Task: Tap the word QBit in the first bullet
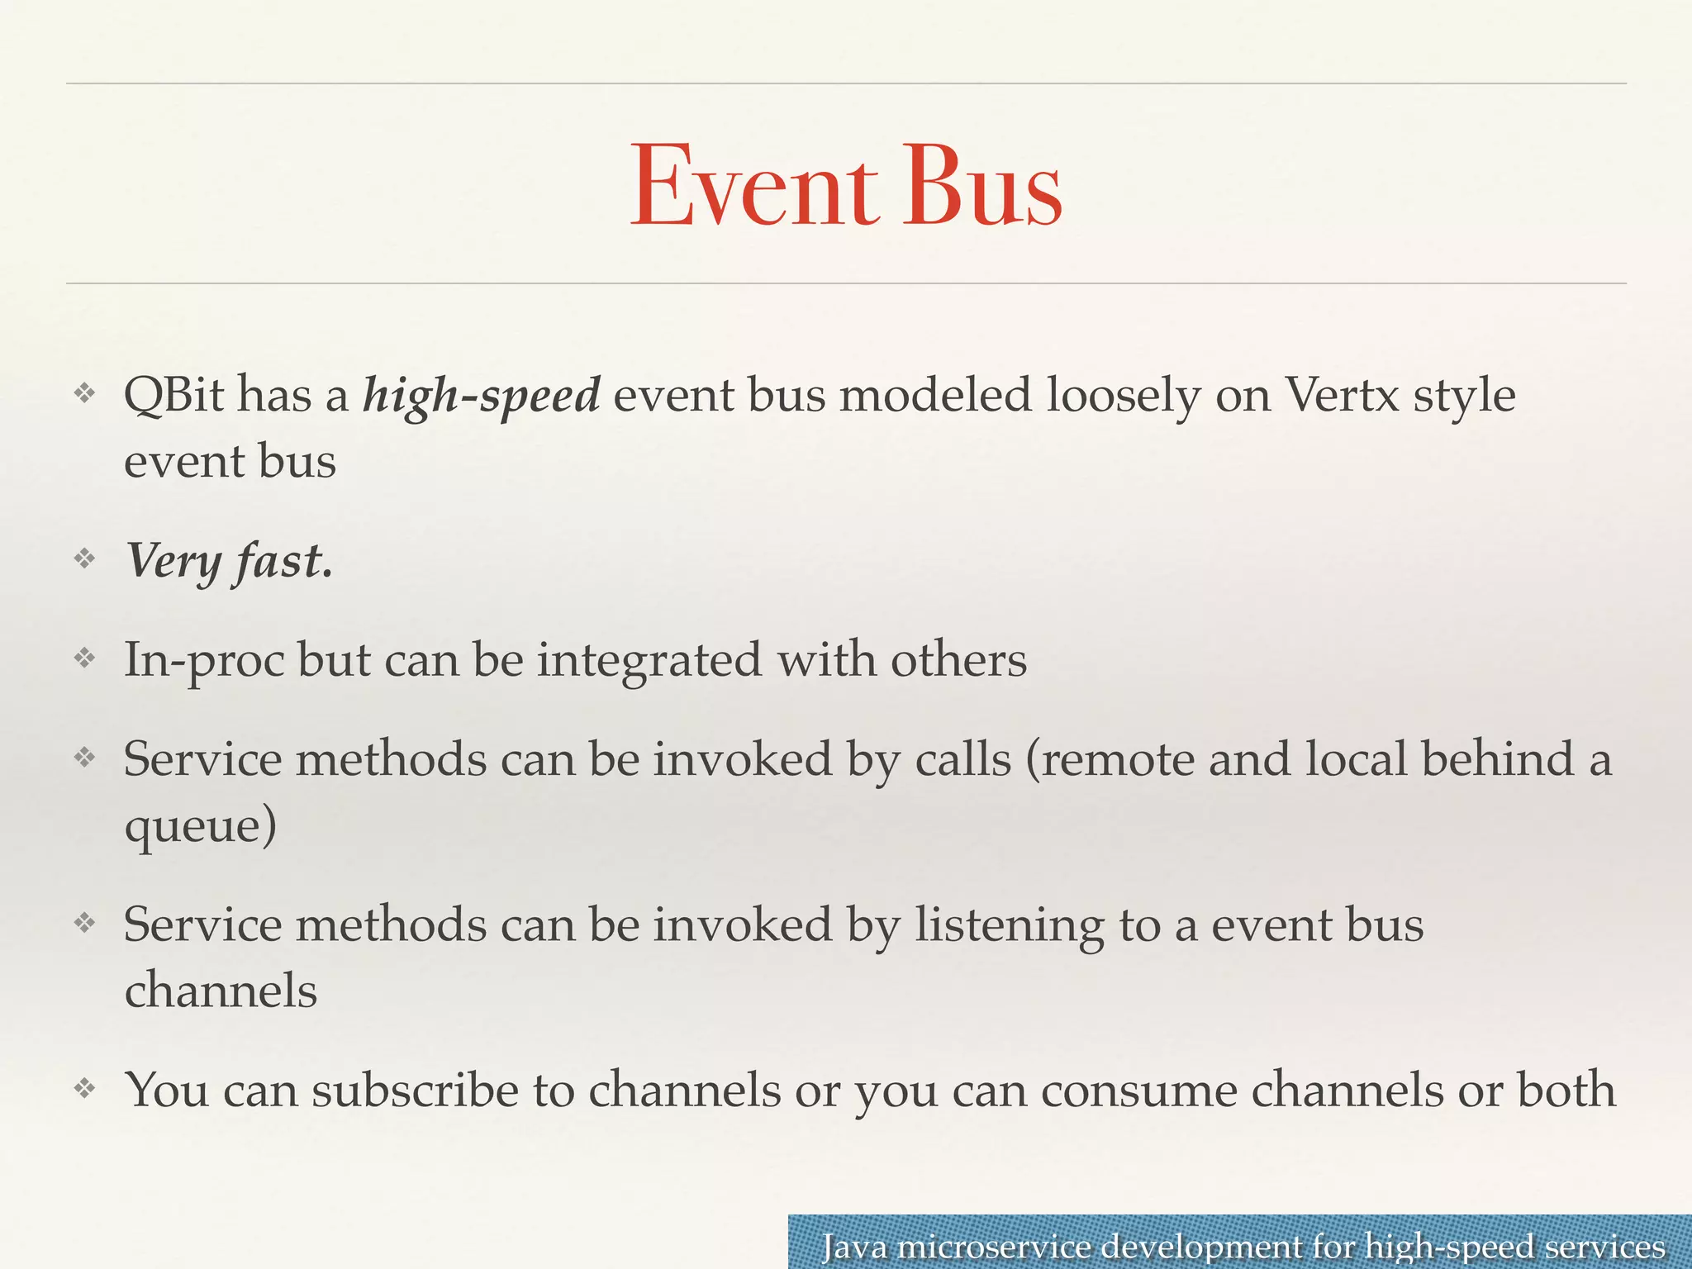tap(173, 395)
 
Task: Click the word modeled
tap(936, 395)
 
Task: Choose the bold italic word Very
tap(173, 563)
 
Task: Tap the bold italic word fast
tap(283, 561)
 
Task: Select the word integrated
tap(649, 662)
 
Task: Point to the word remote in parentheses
tap(1110, 759)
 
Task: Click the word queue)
tap(201, 827)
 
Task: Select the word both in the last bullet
tap(1566, 1091)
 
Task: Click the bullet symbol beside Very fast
tap(85, 559)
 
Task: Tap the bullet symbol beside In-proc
tap(85, 658)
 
